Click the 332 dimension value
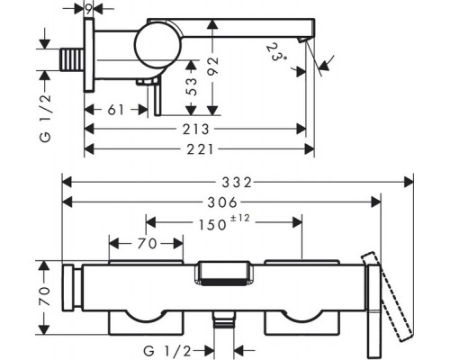pos(237,183)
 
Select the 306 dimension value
pos(223,202)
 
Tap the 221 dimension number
pos(201,149)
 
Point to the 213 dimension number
pos(196,130)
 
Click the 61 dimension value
pos(116,110)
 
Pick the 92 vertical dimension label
pos(212,66)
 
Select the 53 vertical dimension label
pos(192,86)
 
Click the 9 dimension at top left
pos(89,10)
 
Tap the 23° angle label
pos(275,52)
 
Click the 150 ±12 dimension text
pos(224,223)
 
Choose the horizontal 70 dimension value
pos(148,244)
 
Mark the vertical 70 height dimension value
pos(44,296)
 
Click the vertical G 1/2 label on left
pos(46,118)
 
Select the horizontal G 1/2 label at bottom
pos(167,350)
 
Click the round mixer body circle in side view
pos(158,46)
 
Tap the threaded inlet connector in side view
pos(72,60)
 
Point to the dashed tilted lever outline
pos(387,297)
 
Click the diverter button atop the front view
pos(223,273)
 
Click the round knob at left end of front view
pos(67,287)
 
